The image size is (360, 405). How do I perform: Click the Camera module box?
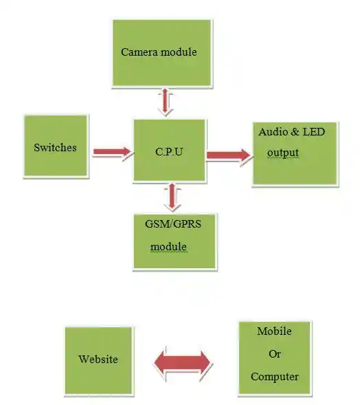point(162,53)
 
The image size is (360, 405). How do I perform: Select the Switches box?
point(56,146)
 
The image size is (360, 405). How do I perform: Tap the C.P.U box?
point(169,151)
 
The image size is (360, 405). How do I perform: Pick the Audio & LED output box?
point(295,153)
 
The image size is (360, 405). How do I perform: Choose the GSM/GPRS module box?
point(175,241)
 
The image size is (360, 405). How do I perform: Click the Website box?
point(98,360)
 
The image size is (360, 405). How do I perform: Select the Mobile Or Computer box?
point(275,358)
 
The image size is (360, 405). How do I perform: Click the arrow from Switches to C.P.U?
point(113,152)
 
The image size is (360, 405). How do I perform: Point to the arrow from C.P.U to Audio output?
point(229,155)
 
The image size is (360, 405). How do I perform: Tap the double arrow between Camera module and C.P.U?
point(165,102)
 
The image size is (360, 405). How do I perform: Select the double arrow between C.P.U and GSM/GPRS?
point(172,197)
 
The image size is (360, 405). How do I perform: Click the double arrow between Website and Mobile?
point(183,362)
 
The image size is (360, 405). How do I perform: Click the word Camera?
point(139,52)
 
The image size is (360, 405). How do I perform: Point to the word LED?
point(313,132)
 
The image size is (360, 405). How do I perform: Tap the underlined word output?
point(283,153)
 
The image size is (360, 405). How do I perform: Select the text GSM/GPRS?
point(173,224)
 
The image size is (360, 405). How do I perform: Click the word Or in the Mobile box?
point(275,354)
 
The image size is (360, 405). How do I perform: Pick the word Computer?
point(275,377)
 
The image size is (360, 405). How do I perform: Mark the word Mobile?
point(274,331)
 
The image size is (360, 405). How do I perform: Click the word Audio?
point(273,132)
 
